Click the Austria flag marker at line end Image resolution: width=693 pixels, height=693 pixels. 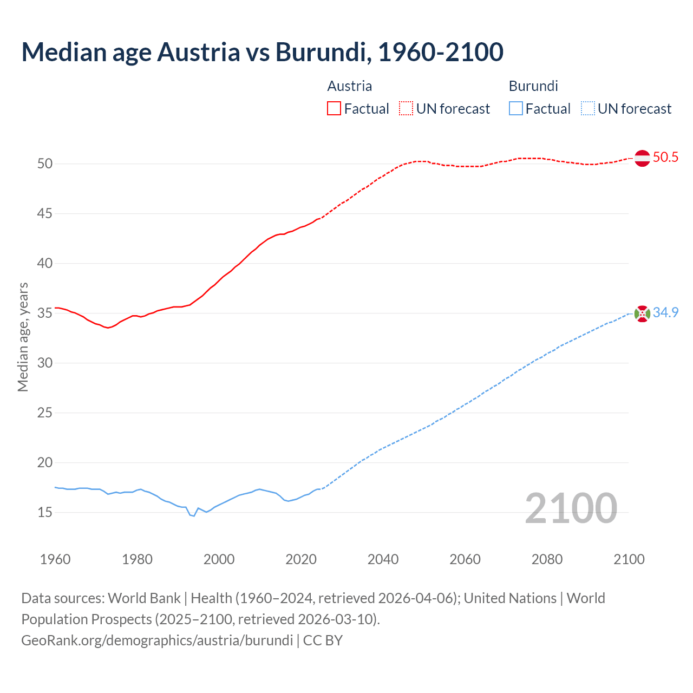coord(642,158)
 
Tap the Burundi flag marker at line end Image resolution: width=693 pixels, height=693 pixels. coord(642,313)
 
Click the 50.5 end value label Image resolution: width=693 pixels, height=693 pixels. coord(665,158)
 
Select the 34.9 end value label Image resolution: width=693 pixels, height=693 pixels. coord(665,313)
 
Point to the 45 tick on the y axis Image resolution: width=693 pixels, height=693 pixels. coord(45,214)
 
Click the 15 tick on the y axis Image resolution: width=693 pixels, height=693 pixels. coord(45,512)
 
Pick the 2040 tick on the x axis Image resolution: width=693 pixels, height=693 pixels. coord(383,559)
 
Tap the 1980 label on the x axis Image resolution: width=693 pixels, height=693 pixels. coord(137,559)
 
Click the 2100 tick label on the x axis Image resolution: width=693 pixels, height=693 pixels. coord(629,559)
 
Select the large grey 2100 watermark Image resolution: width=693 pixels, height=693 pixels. coord(571,508)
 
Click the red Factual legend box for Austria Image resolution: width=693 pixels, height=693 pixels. coord(334,108)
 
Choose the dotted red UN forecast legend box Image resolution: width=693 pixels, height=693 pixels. coord(406,108)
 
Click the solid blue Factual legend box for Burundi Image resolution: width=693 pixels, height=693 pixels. coord(516,108)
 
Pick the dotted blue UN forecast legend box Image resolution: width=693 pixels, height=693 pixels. coord(588,108)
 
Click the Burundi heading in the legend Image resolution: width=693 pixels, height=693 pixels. coord(533,86)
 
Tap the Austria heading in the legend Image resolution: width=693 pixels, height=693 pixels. coord(350,86)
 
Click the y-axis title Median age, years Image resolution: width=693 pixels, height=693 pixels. coord(23,337)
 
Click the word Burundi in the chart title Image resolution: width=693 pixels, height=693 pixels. coord(323,52)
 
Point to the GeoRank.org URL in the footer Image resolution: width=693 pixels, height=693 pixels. coord(157,640)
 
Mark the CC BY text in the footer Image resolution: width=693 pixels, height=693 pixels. coord(323,640)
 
